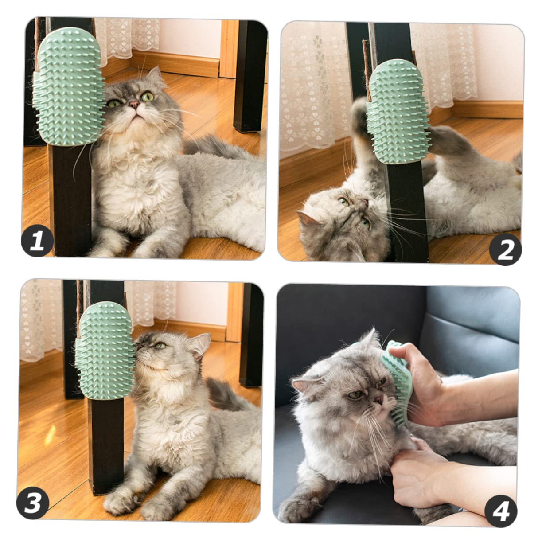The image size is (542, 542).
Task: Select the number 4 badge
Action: point(501,511)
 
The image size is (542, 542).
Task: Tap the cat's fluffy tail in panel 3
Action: point(226,394)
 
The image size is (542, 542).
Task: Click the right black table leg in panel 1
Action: point(250,75)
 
